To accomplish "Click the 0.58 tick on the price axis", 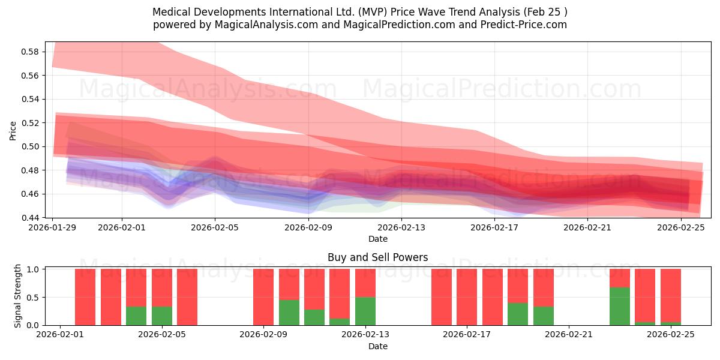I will [30, 52].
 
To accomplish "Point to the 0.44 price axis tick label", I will [30, 218].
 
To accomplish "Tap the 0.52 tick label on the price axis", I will [30, 123].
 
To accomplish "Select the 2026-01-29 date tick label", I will [53, 227].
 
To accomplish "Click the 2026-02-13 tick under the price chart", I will [401, 227].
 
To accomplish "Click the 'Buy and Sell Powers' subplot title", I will [377, 257].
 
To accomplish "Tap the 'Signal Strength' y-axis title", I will [17, 295].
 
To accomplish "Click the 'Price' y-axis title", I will [13, 130].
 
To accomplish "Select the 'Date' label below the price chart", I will [377, 239].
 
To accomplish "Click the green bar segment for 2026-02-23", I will [619, 306].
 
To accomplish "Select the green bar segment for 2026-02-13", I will [365, 311].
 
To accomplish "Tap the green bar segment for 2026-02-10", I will [289, 313].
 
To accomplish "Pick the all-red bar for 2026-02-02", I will [85, 297].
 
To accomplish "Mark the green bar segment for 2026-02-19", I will [518, 314].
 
